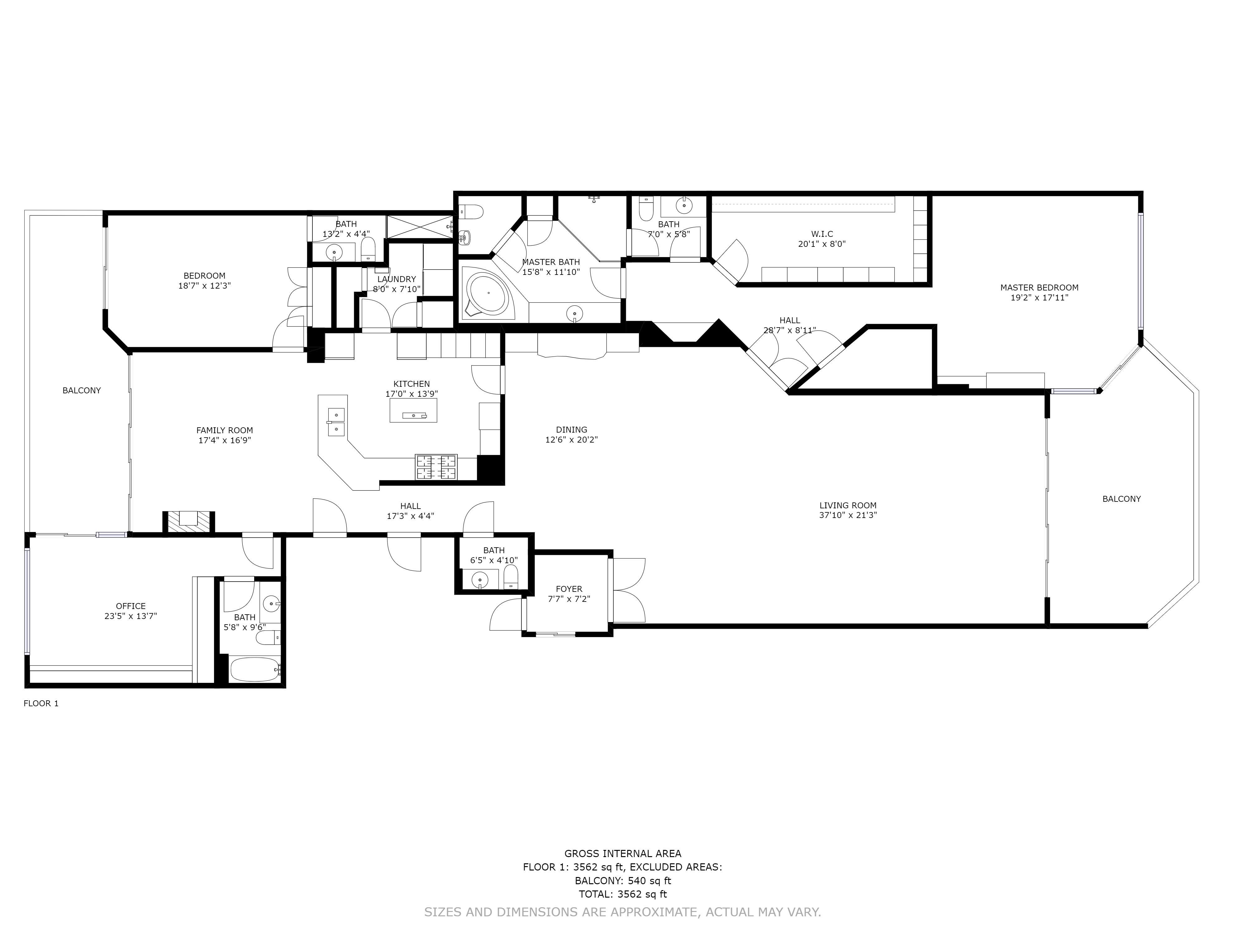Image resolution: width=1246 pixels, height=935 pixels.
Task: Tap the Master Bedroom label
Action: point(1039,287)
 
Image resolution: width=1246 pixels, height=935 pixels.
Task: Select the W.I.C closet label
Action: point(822,234)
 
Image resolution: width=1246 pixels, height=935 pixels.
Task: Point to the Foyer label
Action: point(569,589)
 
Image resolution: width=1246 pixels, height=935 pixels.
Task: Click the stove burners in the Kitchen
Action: point(436,467)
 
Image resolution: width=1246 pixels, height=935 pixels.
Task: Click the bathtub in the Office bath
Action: point(254,669)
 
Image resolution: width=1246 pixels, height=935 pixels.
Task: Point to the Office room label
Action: point(131,607)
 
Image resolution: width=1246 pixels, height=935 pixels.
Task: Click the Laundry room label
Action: point(397,279)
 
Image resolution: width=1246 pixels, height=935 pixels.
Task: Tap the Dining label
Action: point(571,429)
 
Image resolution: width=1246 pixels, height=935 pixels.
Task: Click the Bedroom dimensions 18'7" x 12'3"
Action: point(204,286)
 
